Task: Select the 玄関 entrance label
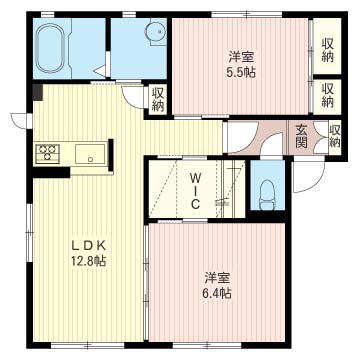[x=302, y=135]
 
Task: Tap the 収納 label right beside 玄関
[x=335, y=135]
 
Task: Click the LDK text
[x=87, y=244]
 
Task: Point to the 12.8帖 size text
[x=87, y=261]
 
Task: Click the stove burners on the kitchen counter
[x=47, y=154]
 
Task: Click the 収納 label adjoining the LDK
[x=159, y=98]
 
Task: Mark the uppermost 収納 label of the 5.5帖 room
[x=327, y=49]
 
